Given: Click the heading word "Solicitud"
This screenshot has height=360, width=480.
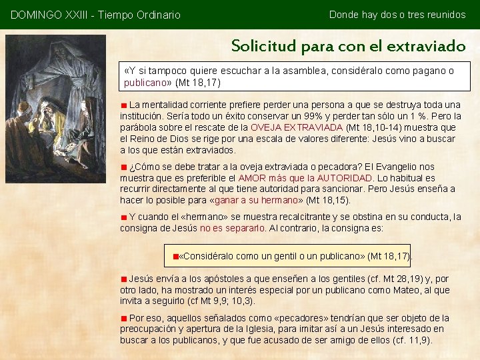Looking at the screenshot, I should point(264,46).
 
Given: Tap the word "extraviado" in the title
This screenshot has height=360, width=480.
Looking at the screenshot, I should point(429,46).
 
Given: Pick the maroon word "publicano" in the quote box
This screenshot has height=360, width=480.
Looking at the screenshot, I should point(145,83).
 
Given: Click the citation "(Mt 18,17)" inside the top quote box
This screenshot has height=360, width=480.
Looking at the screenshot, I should point(197,83).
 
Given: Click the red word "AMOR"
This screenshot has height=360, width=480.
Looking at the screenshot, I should point(251,178).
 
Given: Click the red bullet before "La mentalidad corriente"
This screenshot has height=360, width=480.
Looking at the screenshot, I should point(124,105).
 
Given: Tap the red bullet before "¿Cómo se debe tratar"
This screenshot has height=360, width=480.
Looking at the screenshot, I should point(124,167).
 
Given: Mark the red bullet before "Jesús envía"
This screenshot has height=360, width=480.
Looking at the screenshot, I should point(124,279).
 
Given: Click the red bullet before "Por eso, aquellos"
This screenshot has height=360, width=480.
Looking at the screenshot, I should point(124,319).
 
